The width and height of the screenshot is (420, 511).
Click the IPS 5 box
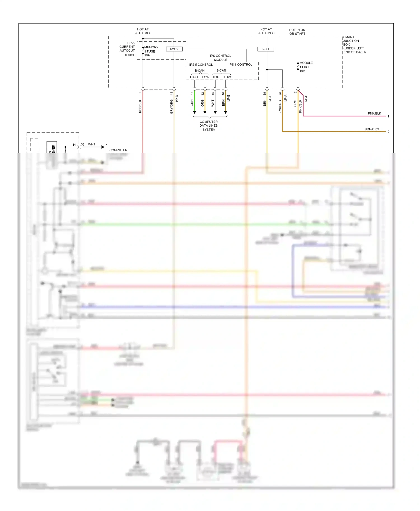pos(174,49)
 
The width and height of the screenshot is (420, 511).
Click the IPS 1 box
pos(265,49)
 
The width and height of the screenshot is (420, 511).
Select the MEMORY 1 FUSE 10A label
pos(151,51)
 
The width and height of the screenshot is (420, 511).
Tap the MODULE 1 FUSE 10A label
pos(306,67)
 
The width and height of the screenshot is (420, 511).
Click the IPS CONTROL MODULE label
pos(220,58)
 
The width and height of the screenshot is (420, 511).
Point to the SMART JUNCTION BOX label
pos(354,44)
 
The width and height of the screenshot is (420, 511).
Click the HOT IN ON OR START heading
pos(297,32)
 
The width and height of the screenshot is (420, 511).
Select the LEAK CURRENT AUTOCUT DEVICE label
pos(127,49)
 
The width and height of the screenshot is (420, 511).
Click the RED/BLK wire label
pos(140,106)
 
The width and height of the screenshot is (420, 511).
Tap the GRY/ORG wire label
pos(172,107)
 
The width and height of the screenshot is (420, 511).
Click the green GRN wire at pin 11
pos(195,101)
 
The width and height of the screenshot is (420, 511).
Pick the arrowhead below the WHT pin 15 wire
pos(215,112)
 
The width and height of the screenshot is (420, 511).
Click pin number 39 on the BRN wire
pos(265,94)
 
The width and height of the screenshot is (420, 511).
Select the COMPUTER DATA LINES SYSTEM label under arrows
pos(209,126)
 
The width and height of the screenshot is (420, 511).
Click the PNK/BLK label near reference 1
pos(374,113)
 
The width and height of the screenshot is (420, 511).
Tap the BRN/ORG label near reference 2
pos(372,129)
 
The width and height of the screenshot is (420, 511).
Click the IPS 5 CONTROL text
pos(201,65)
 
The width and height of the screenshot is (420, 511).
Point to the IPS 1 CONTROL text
pos(240,65)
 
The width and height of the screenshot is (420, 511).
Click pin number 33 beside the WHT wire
pos(83,145)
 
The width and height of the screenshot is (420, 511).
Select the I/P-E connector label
pos(228,98)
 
